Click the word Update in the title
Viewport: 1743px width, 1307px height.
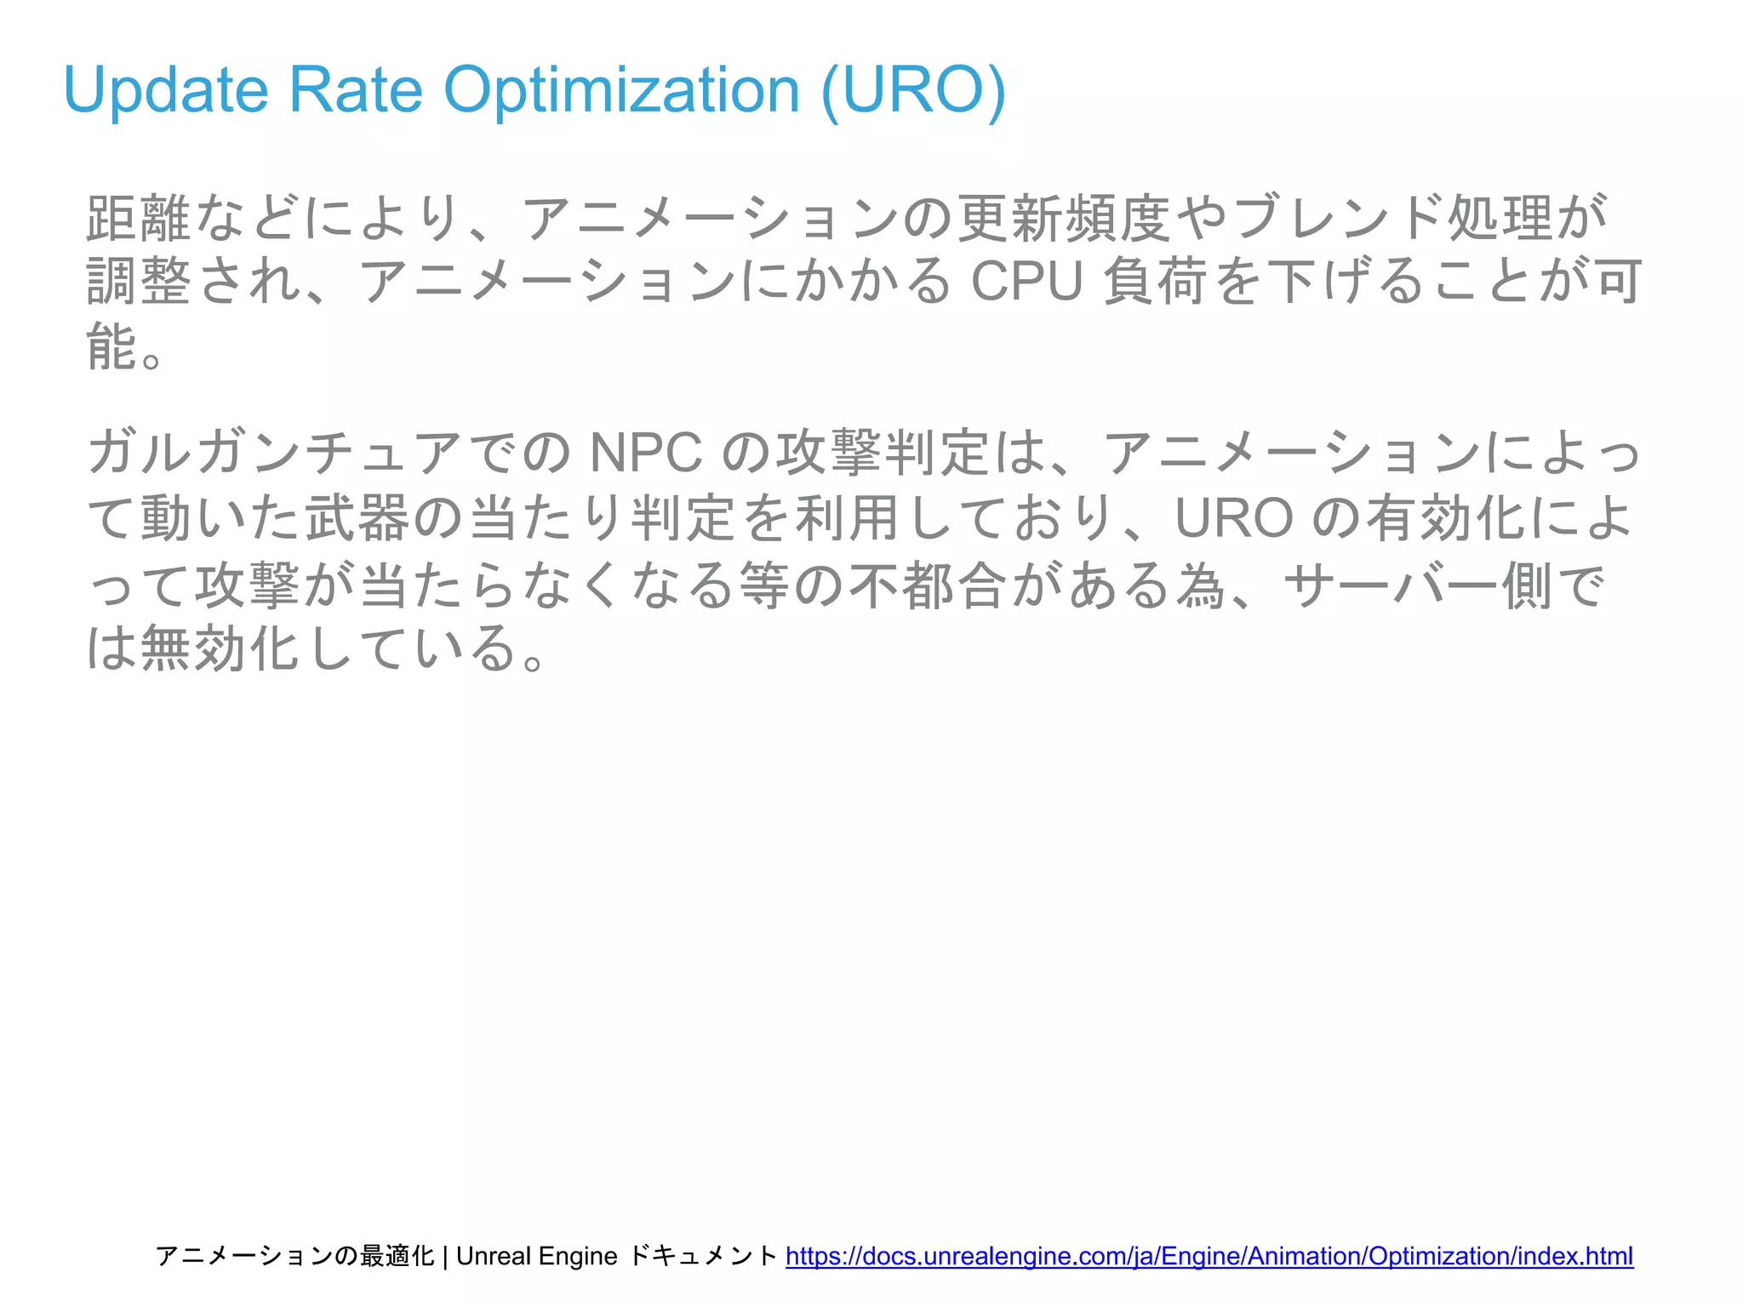[x=166, y=89]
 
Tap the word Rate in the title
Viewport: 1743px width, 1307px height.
[x=355, y=89]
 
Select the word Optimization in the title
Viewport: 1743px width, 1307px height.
[x=621, y=89]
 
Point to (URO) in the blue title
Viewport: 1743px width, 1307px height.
[x=913, y=89]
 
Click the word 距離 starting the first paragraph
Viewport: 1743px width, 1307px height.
[x=138, y=218]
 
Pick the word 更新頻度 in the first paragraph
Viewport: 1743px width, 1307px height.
[x=1064, y=218]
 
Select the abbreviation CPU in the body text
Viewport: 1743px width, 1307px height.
[x=1026, y=282]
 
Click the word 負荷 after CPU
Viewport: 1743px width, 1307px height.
[x=1154, y=282]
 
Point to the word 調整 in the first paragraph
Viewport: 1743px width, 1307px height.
[x=140, y=282]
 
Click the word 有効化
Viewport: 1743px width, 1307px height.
[x=1447, y=517]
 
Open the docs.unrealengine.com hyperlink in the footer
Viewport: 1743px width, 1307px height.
[x=1209, y=1256]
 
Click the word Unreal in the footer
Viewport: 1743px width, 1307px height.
[x=493, y=1256]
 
